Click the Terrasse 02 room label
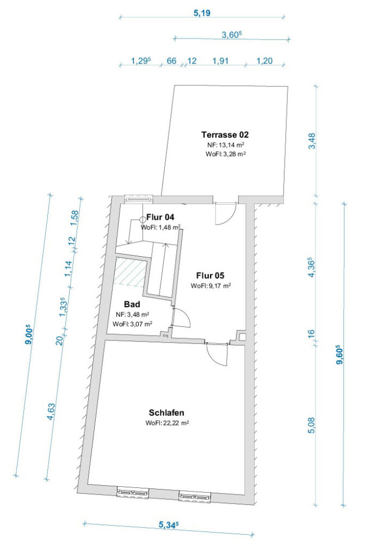(225, 135)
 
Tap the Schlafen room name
(166, 412)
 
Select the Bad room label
(132, 304)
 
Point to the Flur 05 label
(210, 275)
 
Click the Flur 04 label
(161, 217)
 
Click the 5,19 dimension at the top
(202, 13)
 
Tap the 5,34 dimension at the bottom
(169, 524)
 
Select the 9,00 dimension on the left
(29, 335)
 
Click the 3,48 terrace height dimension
(312, 141)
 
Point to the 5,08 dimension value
(311, 425)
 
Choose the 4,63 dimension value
(51, 411)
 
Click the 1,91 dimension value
(220, 61)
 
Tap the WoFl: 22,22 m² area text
(167, 423)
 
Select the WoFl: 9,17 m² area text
(211, 286)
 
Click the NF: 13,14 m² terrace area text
(225, 145)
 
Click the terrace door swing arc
(230, 219)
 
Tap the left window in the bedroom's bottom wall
(133, 492)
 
